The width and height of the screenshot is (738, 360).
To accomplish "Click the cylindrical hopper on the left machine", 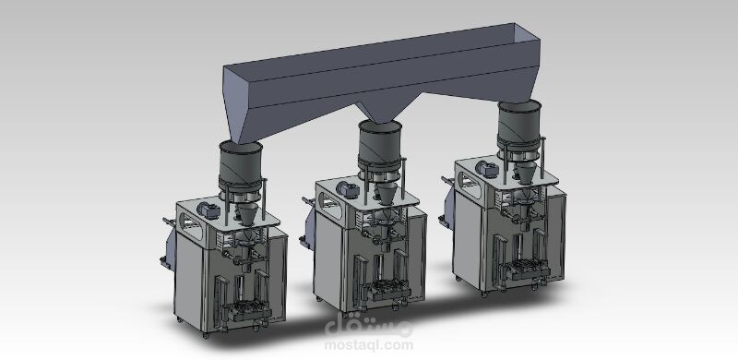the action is click(241, 165).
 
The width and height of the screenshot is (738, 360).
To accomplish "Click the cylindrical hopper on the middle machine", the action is click(380, 144).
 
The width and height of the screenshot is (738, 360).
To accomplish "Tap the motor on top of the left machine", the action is click(208, 210).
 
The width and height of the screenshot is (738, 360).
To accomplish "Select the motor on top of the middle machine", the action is click(349, 189).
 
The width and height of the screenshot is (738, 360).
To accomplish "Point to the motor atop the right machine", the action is click(487, 169).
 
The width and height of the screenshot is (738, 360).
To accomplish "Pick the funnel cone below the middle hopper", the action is click(386, 192).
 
